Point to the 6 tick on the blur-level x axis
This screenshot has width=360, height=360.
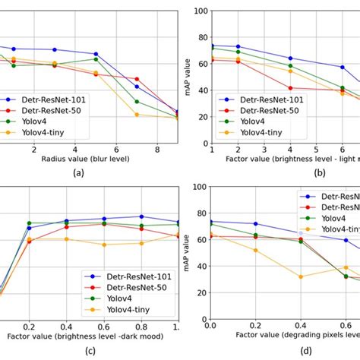(x=116, y=150)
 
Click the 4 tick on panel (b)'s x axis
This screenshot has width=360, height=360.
(x=290, y=150)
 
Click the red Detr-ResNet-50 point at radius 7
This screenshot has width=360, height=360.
(x=137, y=79)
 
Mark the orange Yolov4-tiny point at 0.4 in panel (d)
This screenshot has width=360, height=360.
(x=301, y=276)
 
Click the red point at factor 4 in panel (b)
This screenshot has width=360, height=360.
(x=290, y=88)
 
